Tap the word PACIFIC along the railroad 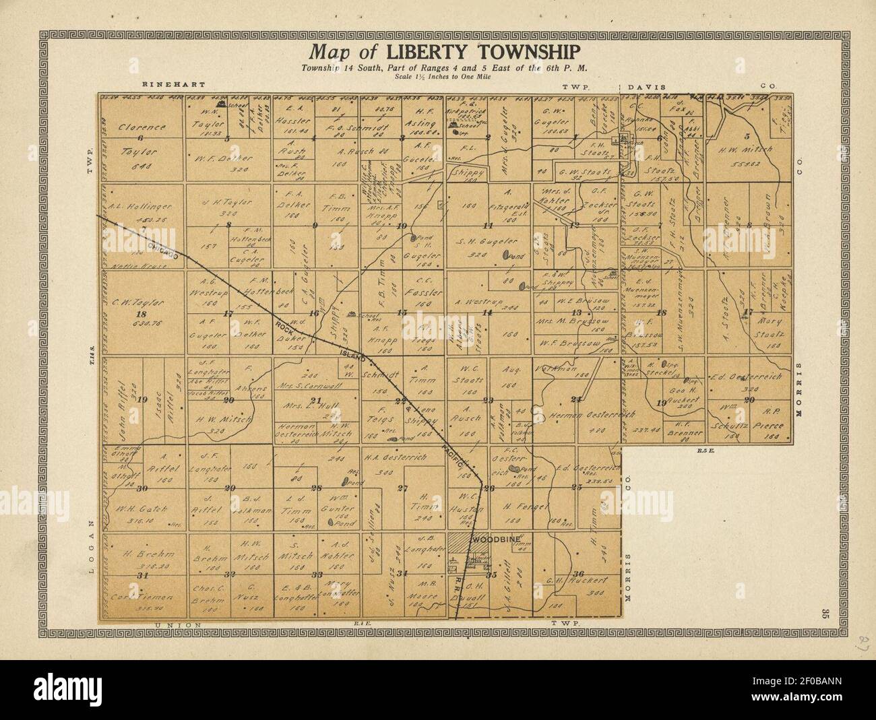point(458,457)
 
